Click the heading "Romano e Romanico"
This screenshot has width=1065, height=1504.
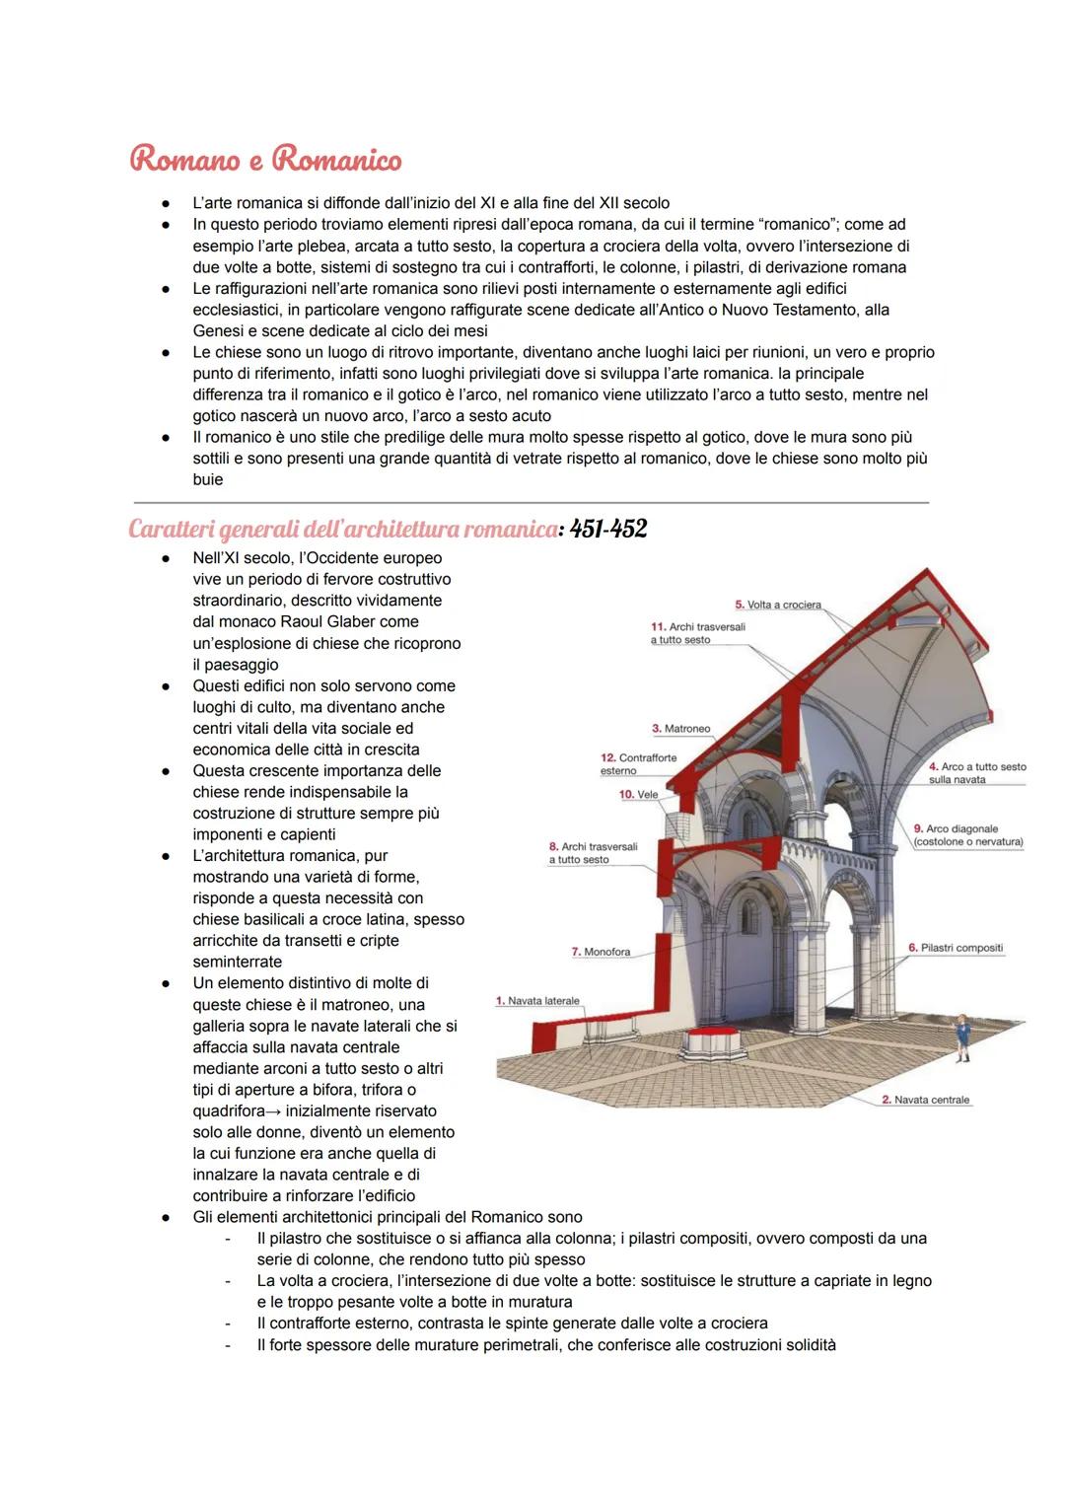[265, 160]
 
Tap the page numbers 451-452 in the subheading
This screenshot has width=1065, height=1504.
[608, 530]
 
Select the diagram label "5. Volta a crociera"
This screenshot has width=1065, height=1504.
[778, 605]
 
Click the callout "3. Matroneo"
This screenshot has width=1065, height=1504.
[680, 729]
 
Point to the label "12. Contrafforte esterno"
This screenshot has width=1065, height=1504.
[638, 763]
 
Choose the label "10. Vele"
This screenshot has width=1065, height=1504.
[638, 795]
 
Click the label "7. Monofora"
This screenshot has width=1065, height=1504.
[601, 952]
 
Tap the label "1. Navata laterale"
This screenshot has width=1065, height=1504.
[537, 1001]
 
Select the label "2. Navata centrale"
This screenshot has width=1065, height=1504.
[925, 1100]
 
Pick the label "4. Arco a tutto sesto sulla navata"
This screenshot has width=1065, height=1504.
[976, 773]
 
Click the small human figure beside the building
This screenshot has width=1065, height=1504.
[961, 1037]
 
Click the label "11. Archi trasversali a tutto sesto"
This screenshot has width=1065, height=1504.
[697, 633]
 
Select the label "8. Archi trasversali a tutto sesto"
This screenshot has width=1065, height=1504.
[593, 853]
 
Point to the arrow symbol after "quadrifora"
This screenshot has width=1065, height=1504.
[268, 1111]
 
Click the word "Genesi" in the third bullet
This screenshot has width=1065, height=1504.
[217, 331]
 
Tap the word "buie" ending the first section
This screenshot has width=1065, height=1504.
[208, 480]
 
